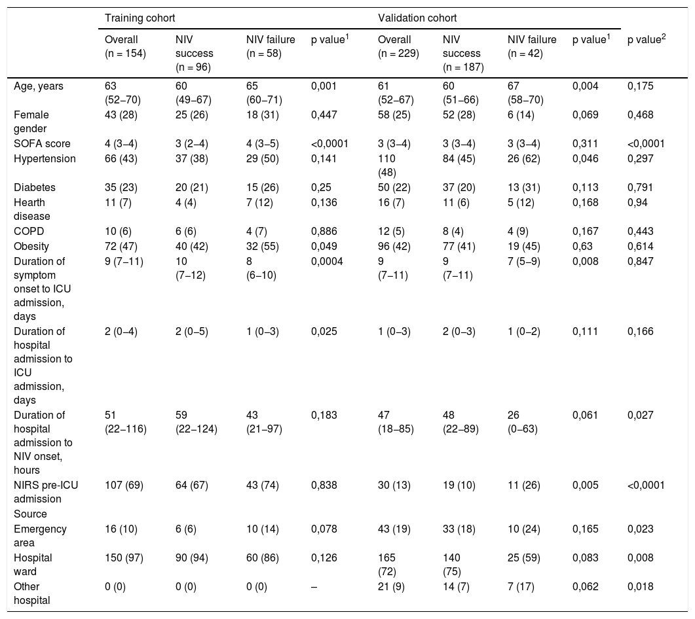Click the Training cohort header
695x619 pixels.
(140, 18)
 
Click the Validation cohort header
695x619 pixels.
(417, 18)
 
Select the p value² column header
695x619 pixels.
(647, 39)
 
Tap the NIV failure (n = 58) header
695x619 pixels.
(271, 46)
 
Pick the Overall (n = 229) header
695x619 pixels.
(398, 46)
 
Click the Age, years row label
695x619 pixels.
(39, 86)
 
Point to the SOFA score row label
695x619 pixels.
(42, 144)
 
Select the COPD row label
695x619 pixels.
(29, 232)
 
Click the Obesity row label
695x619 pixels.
(31, 247)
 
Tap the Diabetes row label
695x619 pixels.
(35, 188)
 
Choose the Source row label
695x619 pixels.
(30, 514)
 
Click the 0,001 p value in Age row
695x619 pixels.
(324, 86)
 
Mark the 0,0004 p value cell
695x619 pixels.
(327, 262)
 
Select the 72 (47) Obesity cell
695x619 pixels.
(121, 247)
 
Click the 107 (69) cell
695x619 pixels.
(124, 486)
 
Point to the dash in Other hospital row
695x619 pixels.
(314, 587)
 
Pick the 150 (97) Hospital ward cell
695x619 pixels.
(124, 558)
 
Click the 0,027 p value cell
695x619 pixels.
(641, 416)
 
